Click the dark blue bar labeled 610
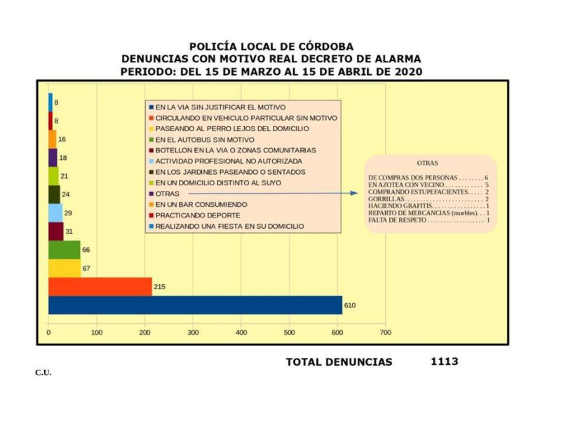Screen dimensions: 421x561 coord(195,305)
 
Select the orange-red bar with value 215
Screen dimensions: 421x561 coord(100,286)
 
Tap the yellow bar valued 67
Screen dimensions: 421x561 coord(64,268)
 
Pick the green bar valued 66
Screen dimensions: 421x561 coord(64,250)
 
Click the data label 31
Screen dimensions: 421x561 coord(68,231)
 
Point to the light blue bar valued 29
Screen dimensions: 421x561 coord(55,213)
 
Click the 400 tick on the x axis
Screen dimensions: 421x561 coord(241,333)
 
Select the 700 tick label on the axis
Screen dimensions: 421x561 coord(385,333)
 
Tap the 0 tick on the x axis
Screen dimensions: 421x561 coord(48,333)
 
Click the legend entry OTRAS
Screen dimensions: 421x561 coord(167,194)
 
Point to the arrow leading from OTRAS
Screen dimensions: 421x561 coord(273,193)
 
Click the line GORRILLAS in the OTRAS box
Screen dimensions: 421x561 coord(428,199)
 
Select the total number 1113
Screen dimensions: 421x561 coord(445,361)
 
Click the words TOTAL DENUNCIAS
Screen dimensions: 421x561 coord(339,362)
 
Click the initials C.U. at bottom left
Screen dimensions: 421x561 coord(43,373)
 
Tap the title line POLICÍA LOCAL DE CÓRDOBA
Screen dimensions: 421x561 coord(271,47)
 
